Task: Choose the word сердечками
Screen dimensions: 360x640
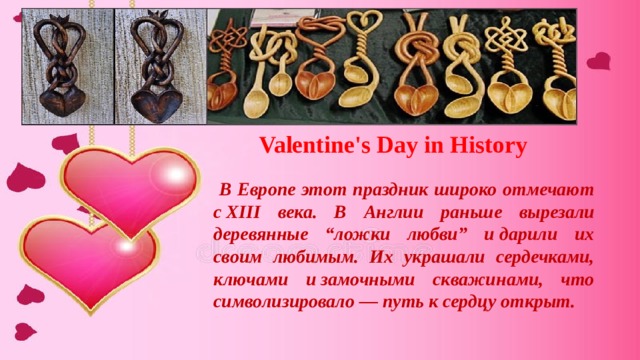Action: point(536,258)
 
